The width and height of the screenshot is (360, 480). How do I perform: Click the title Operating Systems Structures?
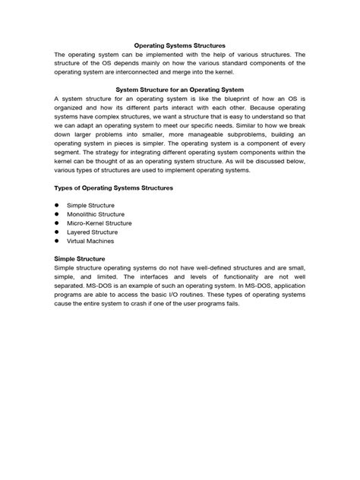point(180,46)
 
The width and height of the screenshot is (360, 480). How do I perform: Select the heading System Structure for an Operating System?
point(180,89)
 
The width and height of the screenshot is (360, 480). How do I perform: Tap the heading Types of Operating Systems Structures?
point(114,187)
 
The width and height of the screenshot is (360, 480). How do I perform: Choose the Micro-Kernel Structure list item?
point(99,223)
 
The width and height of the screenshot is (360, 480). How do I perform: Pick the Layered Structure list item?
point(92,232)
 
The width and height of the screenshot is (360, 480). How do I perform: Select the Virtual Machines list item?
point(90,242)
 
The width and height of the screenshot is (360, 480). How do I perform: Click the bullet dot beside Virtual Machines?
point(57,242)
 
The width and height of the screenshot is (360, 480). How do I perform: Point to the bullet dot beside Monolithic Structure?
point(57,214)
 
